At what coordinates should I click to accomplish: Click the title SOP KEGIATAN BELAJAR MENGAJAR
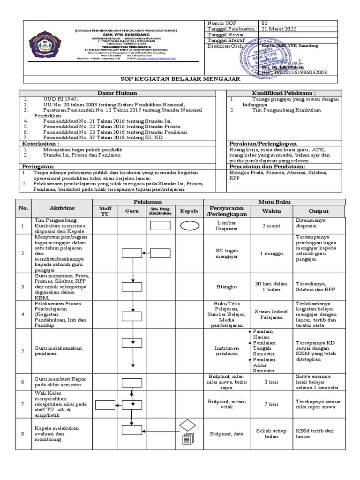[180, 79]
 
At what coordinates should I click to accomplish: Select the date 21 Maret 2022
[279, 29]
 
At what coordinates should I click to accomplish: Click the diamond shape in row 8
[188, 426]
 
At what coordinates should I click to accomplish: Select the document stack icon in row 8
[187, 439]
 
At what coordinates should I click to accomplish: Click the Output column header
[318, 211]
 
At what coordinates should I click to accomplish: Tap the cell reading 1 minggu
[271, 253]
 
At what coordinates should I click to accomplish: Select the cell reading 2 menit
[271, 226]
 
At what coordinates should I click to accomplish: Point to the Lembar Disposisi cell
[226, 226]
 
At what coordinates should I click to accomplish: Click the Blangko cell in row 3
[226, 286]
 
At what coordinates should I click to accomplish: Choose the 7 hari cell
[271, 404]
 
